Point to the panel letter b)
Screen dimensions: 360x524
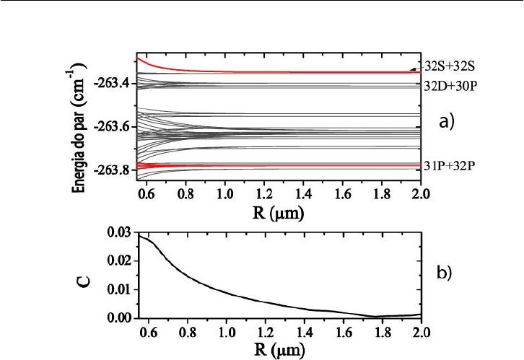[447, 273]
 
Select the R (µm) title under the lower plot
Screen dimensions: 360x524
[279, 351]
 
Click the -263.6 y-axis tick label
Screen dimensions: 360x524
[113, 127]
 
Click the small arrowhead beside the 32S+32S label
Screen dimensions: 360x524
[413, 69]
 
